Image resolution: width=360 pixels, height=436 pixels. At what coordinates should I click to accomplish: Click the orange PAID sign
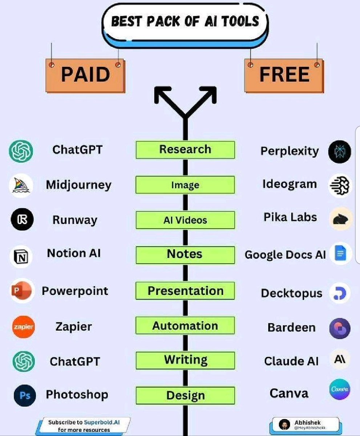(x=85, y=75)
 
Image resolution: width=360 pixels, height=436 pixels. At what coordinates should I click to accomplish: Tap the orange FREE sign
(x=284, y=75)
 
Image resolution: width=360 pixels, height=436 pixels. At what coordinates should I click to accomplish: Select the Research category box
(x=185, y=150)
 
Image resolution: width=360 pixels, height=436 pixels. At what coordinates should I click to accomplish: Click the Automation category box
(x=185, y=326)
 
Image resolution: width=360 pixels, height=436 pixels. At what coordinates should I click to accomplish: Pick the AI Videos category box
(x=185, y=220)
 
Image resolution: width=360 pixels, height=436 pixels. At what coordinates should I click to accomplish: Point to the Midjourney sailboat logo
(x=21, y=185)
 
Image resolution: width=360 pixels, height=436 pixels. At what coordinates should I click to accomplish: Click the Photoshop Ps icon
(x=25, y=396)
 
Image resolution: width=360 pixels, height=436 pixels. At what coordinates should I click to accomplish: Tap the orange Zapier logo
(x=23, y=327)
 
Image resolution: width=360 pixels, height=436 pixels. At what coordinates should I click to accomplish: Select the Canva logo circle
(x=340, y=389)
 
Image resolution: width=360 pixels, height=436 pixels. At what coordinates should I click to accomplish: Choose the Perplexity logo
(x=340, y=152)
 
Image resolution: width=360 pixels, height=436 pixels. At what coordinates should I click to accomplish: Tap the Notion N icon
(x=21, y=257)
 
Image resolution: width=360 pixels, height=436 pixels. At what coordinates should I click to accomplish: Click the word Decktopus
(x=291, y=293)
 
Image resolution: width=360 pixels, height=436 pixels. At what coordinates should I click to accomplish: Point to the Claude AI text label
(x=291, y=361)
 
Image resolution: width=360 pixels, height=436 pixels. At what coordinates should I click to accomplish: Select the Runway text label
(x=75, y=220)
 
